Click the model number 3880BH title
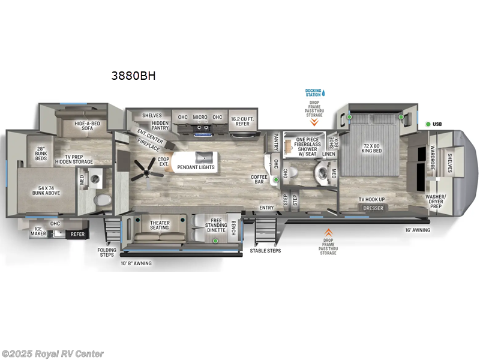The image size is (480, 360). [x=130, y=76]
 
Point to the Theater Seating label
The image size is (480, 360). [x=160, y=226]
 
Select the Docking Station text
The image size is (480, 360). [x=313, y=92]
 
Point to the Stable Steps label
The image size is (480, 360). [x=265, y=250]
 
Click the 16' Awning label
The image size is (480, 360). [x=417, y=230]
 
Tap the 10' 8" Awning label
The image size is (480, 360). [x=136, y=263]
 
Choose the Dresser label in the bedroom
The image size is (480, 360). [x=373, y=208]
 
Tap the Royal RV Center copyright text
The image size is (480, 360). [x=52, y=353]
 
